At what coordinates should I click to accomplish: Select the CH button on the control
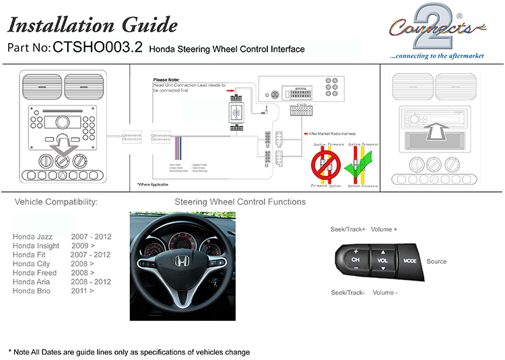(356, 260)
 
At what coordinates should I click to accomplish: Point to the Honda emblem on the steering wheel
(181, 262)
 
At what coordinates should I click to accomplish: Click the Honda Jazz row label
(33, 237)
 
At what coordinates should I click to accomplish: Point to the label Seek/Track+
(347, 229)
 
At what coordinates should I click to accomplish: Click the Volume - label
(384, 293)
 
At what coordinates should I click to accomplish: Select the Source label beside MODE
(436, 261)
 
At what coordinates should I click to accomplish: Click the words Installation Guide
(92, 26)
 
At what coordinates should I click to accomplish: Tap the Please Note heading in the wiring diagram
(168, 79)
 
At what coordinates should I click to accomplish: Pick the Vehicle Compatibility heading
(56, 202)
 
